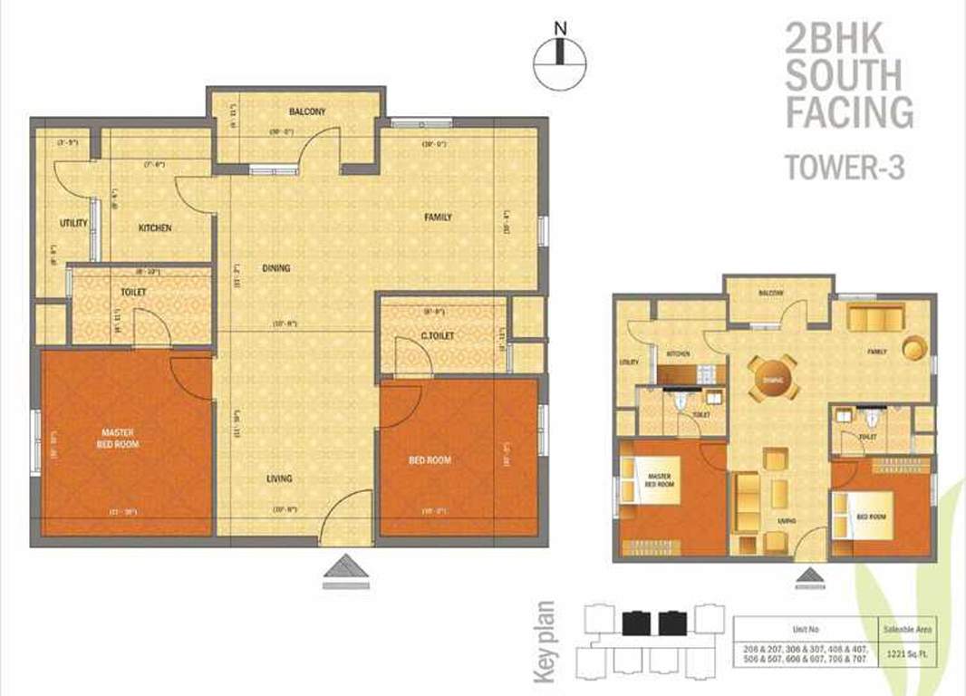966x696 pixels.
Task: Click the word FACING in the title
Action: coord(848,112)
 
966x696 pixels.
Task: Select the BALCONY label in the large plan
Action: coord(307,112)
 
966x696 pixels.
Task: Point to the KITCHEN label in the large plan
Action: coord(155,228)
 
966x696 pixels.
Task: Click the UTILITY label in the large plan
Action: coord(73,223)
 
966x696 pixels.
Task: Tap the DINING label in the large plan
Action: coord(276,268)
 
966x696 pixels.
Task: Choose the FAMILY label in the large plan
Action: coord(438,217)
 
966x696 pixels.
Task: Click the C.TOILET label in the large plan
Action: coord(437,336)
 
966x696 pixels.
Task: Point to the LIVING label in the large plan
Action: coord(279,478)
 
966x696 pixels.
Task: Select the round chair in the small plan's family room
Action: coord(914,347)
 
